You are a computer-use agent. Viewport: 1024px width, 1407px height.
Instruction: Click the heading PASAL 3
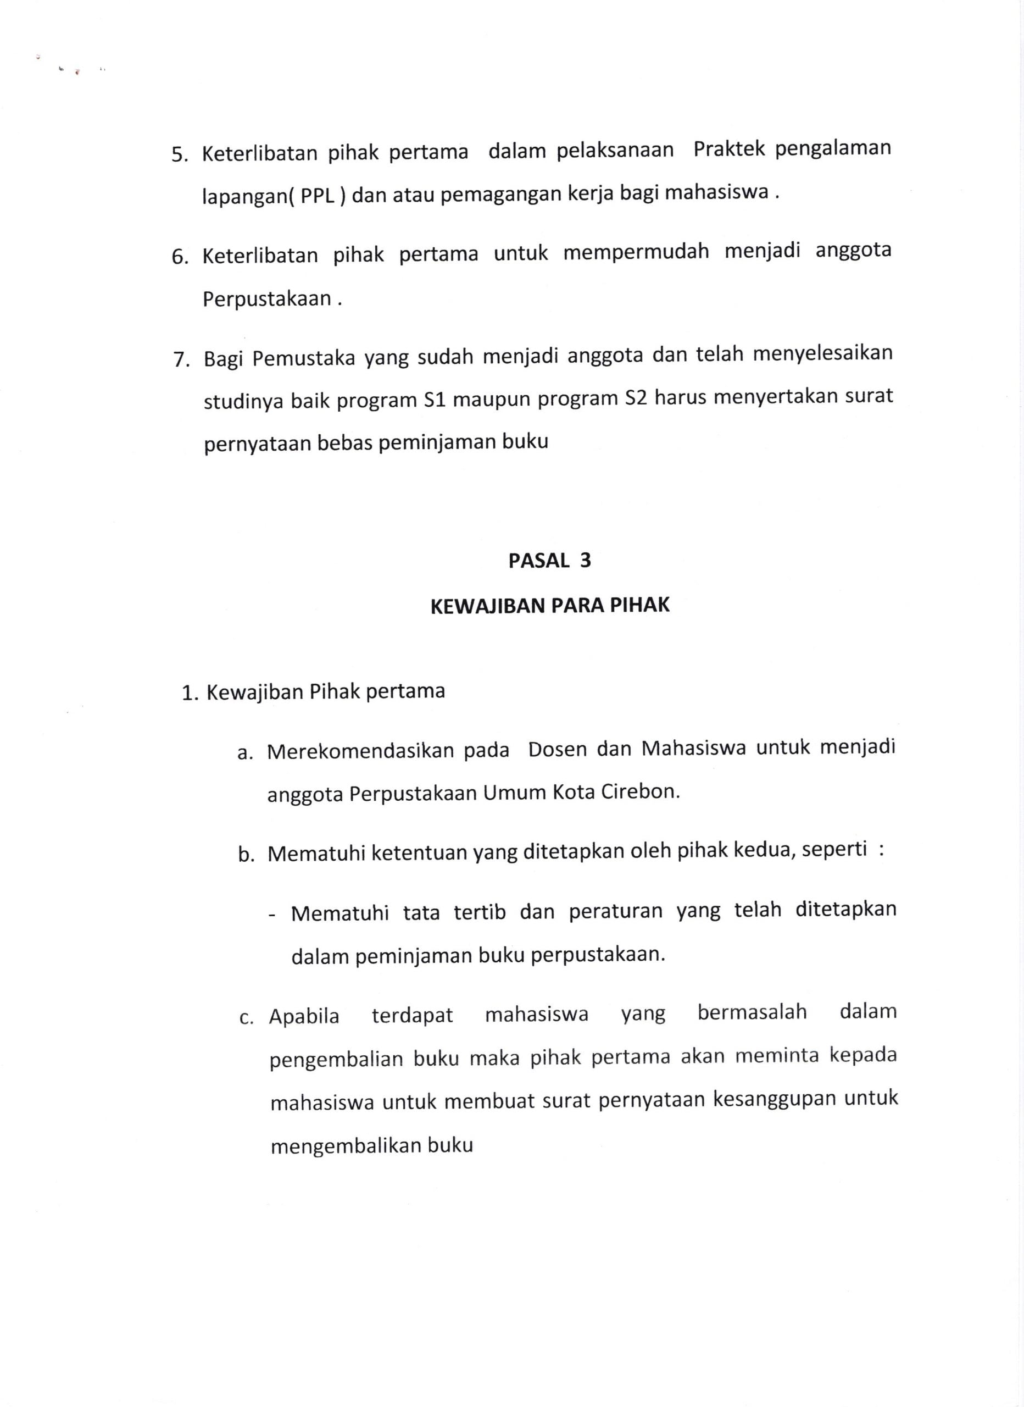pos(549,561)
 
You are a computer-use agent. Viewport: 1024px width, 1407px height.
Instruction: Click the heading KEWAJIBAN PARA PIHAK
pos(549,606)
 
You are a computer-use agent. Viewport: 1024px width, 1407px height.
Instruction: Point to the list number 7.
pos(181,361)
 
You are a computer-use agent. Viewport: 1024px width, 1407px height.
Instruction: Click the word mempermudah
pos(636,253)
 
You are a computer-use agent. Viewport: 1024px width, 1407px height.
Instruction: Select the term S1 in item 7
pos(435,399)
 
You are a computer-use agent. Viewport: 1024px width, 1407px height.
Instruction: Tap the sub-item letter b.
pos(246,856)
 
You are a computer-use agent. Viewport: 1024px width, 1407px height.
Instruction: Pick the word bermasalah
pos(752,1012)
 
